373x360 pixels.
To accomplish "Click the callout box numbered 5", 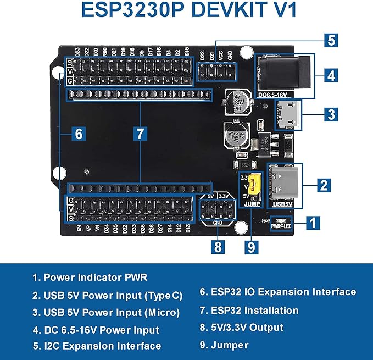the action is (x=330, y=40).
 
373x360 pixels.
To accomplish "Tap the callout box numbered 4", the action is (x=330, y=75).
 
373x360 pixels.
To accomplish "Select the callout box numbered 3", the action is (x=330, y=114).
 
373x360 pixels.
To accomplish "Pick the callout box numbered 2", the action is (x=324, y=185).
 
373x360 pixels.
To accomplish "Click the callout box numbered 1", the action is (x=313, y=223).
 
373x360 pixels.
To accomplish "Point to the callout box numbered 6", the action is (x=79, y=133).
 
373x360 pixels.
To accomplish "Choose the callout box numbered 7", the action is (x=140, y=133).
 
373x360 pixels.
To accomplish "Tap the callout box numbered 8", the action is (x=218, y=247).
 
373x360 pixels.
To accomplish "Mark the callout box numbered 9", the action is (x=252, y=247).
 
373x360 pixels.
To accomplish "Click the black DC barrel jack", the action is (x=280, y=74).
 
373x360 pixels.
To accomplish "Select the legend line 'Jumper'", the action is (x=224, y=346).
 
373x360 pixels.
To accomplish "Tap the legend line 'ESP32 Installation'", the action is (x=249, y=311).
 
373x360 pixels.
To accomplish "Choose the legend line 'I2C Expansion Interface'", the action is (x=97, y=346).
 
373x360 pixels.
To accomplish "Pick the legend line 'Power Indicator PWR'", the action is (x=90, y=278).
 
